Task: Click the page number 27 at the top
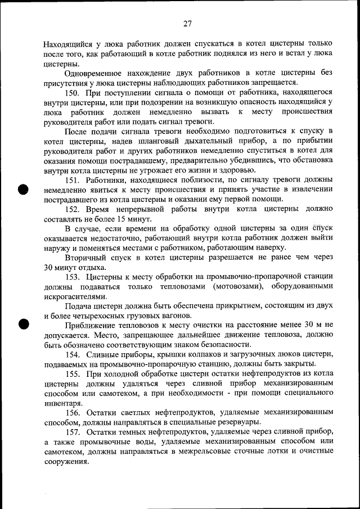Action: pyautogui.click(x=187, y=24)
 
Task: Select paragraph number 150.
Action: pyautogui.click(x=73, y=92)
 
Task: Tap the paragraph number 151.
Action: pyautogui.click(x=73, y=180)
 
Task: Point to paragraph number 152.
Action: pyautogui.click(x=73, y=209)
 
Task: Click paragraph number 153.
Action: pyautogui.click(x=73, y=277)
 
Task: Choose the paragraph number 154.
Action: pyautogui.click(x=73, y=354)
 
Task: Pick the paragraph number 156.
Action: pyautogui.click(x=73, y=413)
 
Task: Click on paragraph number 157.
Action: pyautogui.click(x=73, y=433)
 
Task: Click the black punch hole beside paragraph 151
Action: pyautogui.click(x=23, y=189)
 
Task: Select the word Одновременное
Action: pyautogui.click(x=93, y=73)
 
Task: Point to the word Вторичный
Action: pyautogui.click(x=84, y=258)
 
